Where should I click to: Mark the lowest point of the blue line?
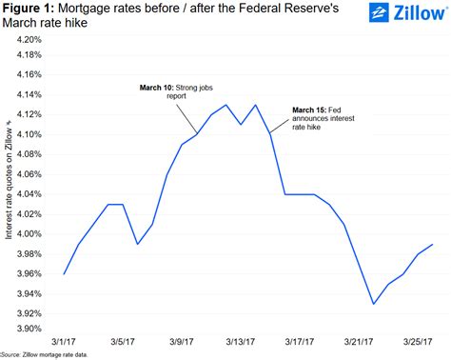374,304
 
